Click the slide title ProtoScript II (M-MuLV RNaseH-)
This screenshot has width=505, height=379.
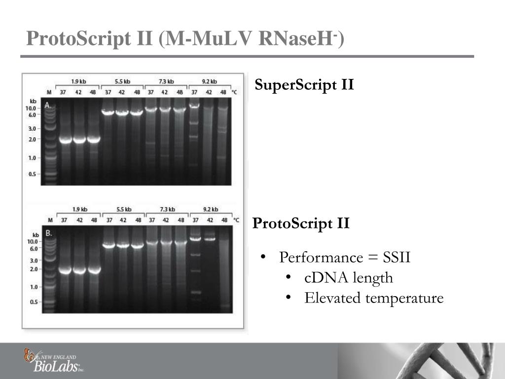[185, 38]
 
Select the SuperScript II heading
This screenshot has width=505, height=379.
[304, 85]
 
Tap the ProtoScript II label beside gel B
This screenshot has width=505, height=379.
[301, 224]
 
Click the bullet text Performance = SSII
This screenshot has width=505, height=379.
[344, 258]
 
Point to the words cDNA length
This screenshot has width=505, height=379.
[349, 278]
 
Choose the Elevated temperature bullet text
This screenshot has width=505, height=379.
[374, 298]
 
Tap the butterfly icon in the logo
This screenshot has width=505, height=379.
[31, 355]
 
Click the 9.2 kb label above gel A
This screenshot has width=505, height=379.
[210, 81]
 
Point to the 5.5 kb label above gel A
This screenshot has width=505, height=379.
[122, 81]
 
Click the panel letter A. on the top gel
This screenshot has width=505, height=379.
[48, 105]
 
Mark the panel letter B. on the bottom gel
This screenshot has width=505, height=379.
[49, 233]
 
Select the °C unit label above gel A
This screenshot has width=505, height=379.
[235, 92]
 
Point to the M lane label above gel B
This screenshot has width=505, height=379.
[49, 220]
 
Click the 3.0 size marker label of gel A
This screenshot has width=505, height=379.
[33, 128]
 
